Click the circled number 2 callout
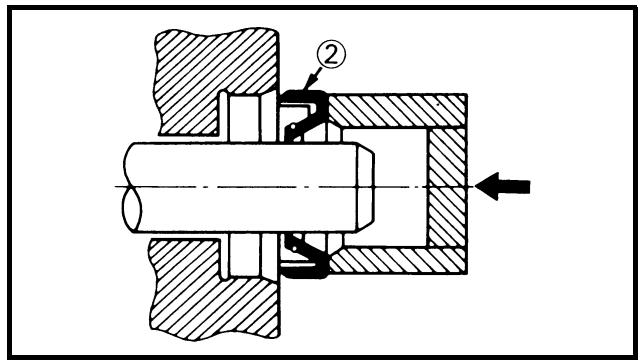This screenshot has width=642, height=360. coord(331,54)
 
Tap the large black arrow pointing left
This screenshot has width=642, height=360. coord(503,186)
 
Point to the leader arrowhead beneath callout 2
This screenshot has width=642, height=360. coord(308,84)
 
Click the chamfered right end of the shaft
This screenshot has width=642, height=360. coord(365,187)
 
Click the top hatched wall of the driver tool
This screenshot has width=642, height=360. coord(397,111)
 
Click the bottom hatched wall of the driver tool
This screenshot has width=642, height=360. coord(397,260)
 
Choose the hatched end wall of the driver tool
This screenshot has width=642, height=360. coord(447,187)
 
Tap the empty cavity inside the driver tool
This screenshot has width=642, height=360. coord(399,187)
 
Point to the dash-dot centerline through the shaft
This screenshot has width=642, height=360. coord(294,187)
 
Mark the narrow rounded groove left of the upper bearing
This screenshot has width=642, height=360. coord(223,116)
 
